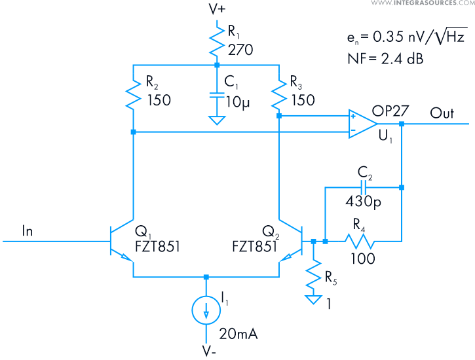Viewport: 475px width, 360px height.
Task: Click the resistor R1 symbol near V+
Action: pos(216,41)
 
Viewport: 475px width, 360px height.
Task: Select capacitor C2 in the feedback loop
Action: pos(364,187)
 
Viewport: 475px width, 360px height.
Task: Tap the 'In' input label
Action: pos(28,230)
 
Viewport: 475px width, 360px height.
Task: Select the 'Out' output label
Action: pos(442,113)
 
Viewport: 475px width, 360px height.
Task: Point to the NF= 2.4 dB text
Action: pos(385,59)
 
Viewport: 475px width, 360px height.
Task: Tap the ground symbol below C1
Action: pos(216,121)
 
